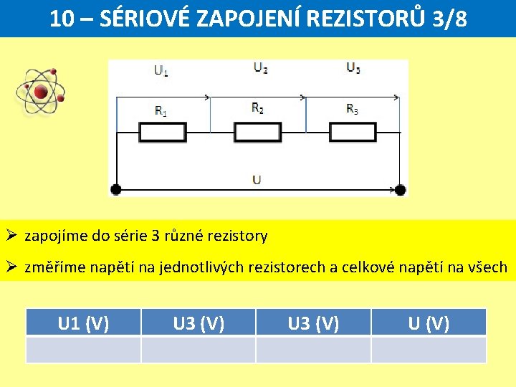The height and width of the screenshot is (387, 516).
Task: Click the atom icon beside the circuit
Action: [x=41, y=92]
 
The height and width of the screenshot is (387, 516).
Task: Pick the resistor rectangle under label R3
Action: [x=353, y=133]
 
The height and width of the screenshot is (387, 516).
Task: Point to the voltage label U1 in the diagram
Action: [x=161, y=70]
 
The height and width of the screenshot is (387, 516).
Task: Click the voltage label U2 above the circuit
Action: [x=260, y=68]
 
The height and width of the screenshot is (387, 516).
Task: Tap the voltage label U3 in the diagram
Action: [x=353, y=68]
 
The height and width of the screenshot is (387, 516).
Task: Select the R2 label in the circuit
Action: [x=257, y=108]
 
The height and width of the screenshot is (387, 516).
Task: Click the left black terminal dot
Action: [x=115, y=190]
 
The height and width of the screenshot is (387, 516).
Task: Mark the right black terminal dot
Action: [x=401, y=190]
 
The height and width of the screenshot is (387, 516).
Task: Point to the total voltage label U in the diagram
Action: [x=257, y=179]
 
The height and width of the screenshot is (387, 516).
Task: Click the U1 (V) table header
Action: [x=83, y=323]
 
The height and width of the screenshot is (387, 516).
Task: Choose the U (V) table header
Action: [x=429, y=323]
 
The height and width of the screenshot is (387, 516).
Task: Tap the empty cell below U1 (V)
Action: [x=83, y=350]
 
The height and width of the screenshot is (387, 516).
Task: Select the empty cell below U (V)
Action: [x=429, y=350]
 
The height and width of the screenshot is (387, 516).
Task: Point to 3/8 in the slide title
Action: [x=449, y=19]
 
